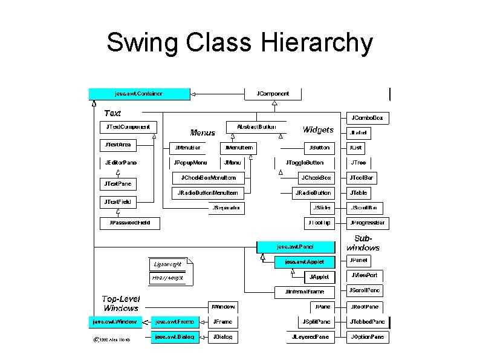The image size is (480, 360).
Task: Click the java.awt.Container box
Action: [139, 94]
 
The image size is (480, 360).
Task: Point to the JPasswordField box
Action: [126, 223]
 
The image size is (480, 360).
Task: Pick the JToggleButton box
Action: [305, 163]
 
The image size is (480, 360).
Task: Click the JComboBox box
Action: [368, 117]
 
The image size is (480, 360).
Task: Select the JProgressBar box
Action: [368, 223]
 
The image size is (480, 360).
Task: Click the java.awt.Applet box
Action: [303, 262]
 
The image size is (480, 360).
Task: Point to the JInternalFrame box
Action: [304, 292]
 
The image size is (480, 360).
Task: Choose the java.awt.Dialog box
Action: [175, 337]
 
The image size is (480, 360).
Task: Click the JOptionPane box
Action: [368, 337]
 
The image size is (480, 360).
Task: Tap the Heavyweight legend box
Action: [167, 278]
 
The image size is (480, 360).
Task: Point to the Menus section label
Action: [203, 133]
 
